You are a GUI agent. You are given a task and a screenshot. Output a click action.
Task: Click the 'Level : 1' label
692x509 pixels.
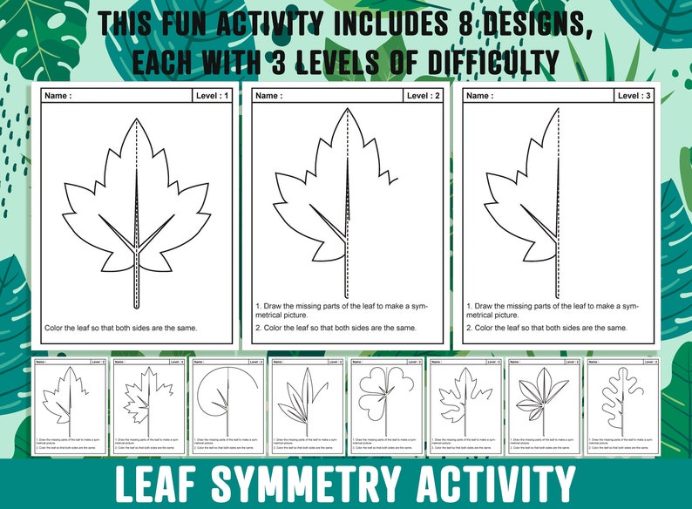coord(213,96)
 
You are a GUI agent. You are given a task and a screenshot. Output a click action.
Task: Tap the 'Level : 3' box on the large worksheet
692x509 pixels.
coord(634,96)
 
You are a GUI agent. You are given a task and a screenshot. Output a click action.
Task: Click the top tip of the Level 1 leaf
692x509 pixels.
coord(137,119)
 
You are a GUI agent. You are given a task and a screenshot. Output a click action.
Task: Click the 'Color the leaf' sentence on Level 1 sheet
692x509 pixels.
coord(120,328)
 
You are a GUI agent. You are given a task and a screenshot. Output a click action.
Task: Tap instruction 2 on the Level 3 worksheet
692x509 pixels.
coord(546,328)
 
